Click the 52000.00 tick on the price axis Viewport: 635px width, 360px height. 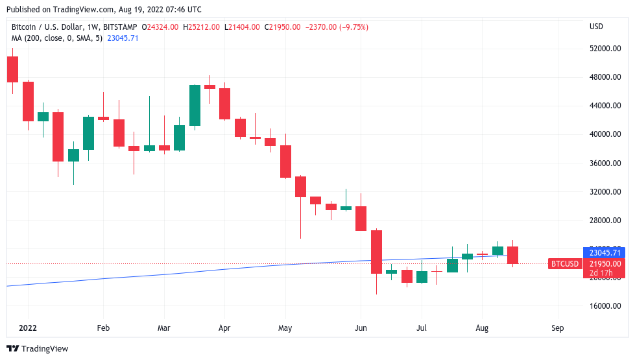pos(605,49)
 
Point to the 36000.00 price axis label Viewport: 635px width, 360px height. pos(605,163)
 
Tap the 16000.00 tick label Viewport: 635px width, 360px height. pos(605,306)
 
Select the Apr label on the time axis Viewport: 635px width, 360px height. pos(224,328)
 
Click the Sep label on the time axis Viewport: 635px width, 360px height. pos(557,328)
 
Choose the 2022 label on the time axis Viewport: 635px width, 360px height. pos(28,328)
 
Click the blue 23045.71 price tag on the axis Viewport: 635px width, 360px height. pos(605,252)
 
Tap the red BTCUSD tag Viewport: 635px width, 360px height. pos(564,263)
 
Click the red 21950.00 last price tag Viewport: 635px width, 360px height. pos(605,263)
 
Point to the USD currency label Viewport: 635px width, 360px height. pos(596,27)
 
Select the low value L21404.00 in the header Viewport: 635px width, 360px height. pos(242,27)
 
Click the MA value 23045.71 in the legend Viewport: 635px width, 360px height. pos(123,38)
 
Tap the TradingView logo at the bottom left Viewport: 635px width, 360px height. pos(37,348)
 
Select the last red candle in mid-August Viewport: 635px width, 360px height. pos(512,255)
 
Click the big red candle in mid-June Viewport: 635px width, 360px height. pos(376,252)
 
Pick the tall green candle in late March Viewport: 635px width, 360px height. pos(195,105)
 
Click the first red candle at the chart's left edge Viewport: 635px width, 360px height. pos(12,69)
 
